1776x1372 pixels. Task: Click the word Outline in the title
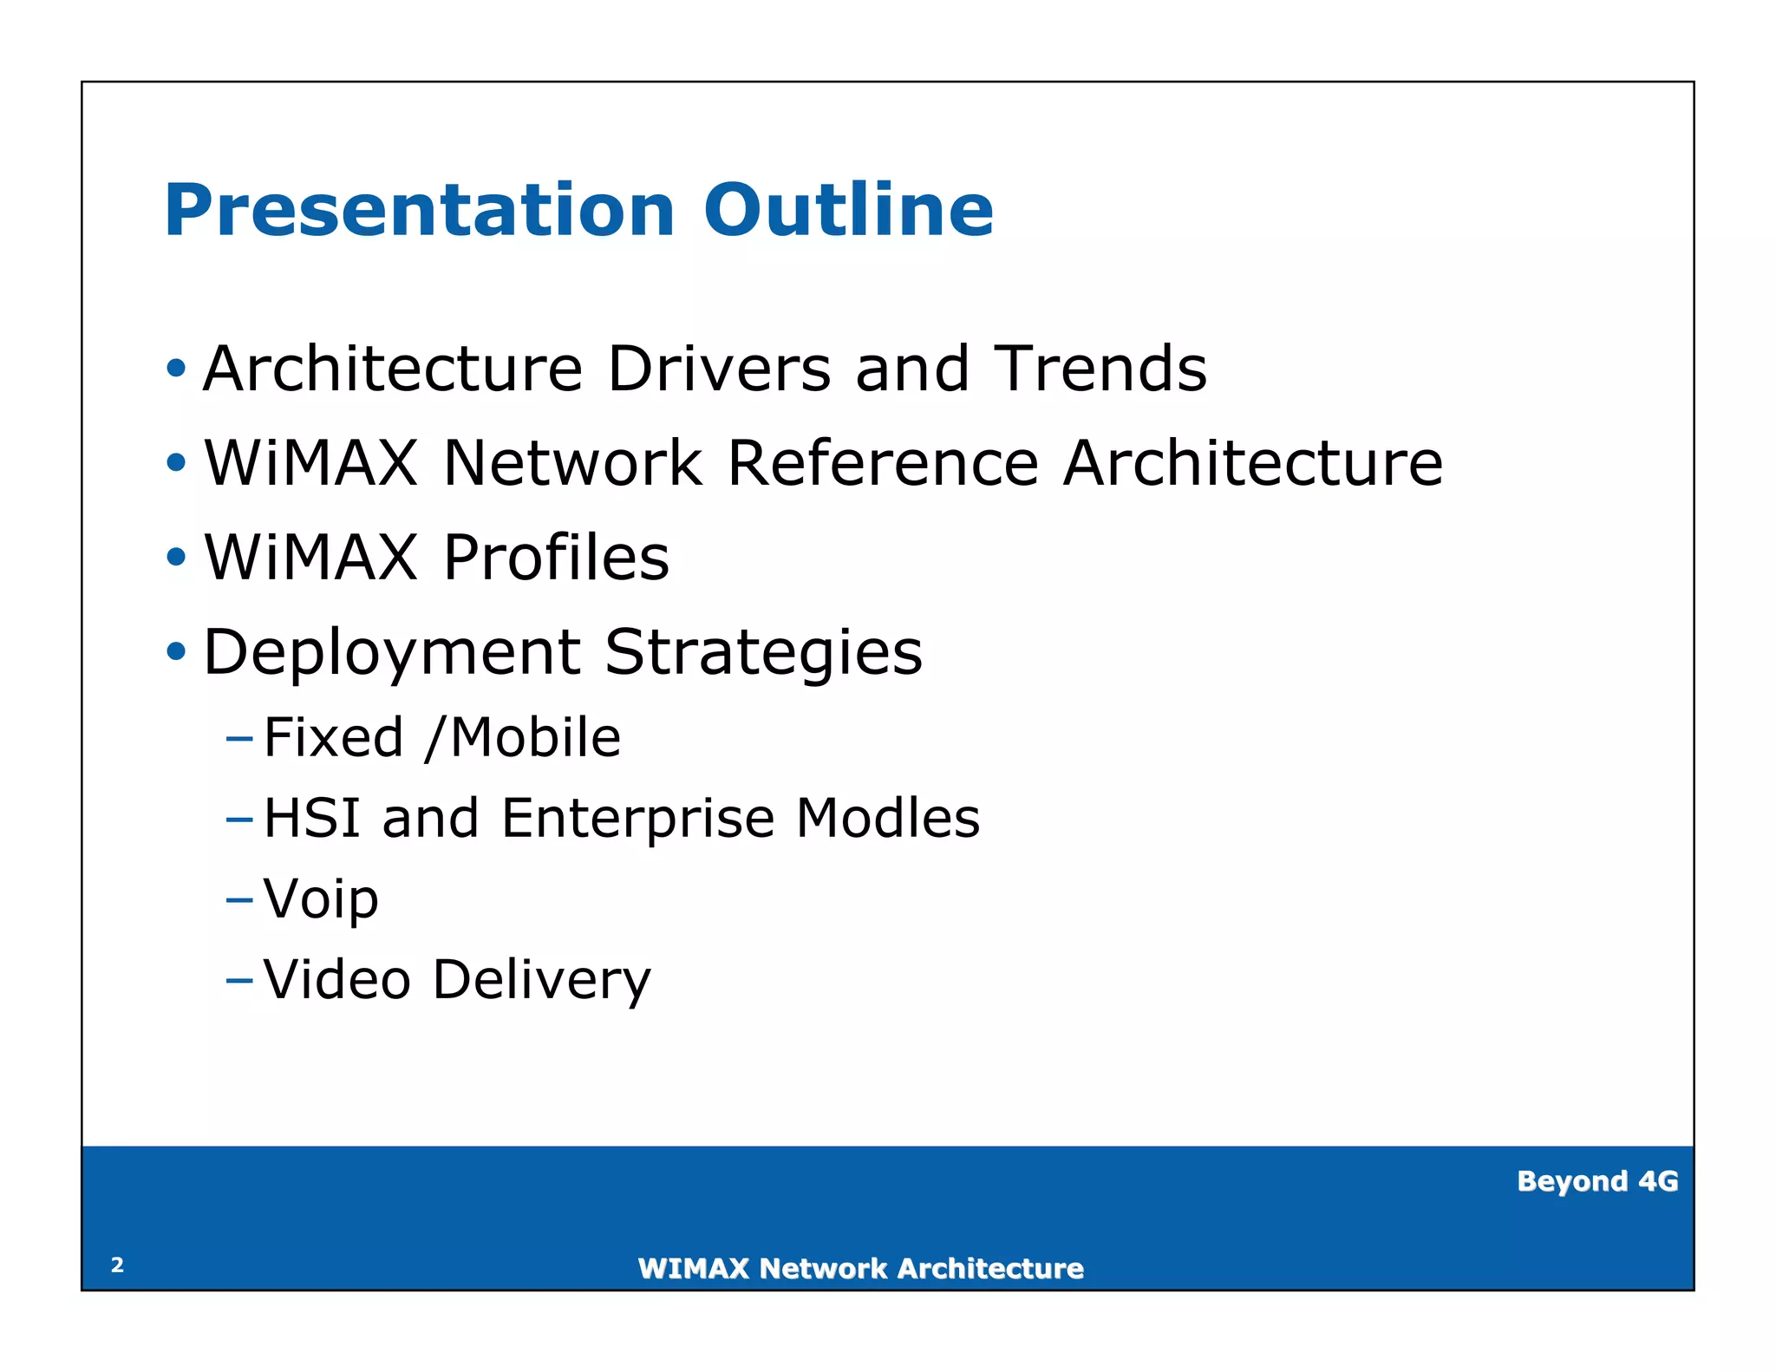(848, 211)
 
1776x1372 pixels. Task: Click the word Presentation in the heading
(419, 211)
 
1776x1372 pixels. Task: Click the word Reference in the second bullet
(882, 463)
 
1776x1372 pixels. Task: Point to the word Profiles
(556, 558)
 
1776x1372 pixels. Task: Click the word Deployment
(391, 652)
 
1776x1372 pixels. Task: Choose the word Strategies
(763, 652)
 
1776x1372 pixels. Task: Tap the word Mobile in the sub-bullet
(535, 738)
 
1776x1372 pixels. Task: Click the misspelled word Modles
(887, 818)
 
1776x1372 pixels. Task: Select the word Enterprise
(637, 818)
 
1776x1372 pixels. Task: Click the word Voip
(321, 899)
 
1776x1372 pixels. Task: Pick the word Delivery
(541, 980)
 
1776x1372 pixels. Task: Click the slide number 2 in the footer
(118, 1265)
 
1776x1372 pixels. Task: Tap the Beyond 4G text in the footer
(1596, 1181)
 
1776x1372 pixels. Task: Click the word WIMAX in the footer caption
(693, 1269)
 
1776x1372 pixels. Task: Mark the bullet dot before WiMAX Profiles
(176, 558)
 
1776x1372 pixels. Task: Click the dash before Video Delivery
(238, 981)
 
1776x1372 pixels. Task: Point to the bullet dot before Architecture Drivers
(176, 369)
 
